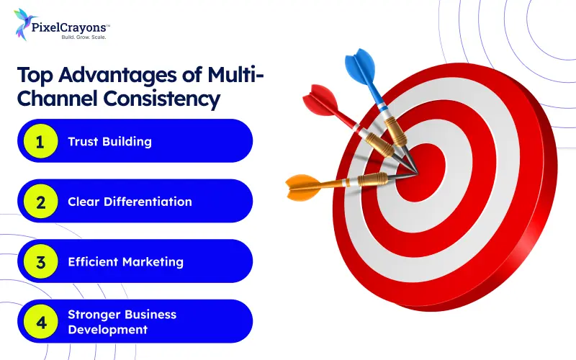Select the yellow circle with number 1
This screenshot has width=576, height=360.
[x=40, y=141]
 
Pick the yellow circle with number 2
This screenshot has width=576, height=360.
[x=40, y=202]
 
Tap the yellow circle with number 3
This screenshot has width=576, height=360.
[x=40, y=261]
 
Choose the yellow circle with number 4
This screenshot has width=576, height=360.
[x=40, y=321]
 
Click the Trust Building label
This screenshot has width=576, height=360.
[x=109, y=141]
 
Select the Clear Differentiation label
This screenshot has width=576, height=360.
[x=130, y=202]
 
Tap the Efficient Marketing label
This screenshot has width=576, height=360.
[x=126, y=261]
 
